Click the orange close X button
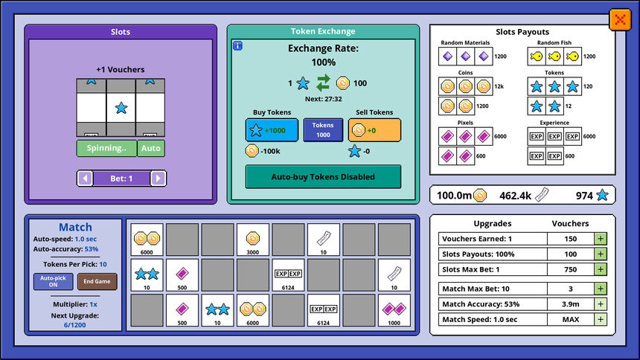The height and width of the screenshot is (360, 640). click(x=620, y=19)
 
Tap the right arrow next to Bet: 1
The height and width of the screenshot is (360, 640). click(x=158, y=179)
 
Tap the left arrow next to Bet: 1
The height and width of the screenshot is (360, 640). click(x=85, y=179)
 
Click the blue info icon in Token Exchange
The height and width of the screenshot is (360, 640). click(x=237, y=45)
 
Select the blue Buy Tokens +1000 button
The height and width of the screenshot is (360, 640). click(x=272, y=130)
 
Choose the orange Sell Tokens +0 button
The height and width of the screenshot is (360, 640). click(x=374, y=130)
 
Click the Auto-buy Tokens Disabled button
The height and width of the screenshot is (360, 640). click(x=323, y=177)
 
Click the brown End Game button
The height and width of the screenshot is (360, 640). click(x=97, y=281)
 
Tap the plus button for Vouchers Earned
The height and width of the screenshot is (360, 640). click(x=601, y=239)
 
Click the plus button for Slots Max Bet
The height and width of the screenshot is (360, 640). click(x=601, y=269)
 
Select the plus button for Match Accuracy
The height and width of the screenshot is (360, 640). click(x=601, y=304)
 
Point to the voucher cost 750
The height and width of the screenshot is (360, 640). click(x=570, y=269)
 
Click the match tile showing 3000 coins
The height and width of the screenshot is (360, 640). click(x=253, y=240)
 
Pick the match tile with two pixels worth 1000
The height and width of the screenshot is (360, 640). click(x=394, y=310)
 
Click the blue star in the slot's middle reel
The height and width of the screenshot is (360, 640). click(x=121, y=108)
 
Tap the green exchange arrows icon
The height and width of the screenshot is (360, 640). click(x=323, y=83)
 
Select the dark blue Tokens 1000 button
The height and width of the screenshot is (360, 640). click(x=323, y=130)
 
